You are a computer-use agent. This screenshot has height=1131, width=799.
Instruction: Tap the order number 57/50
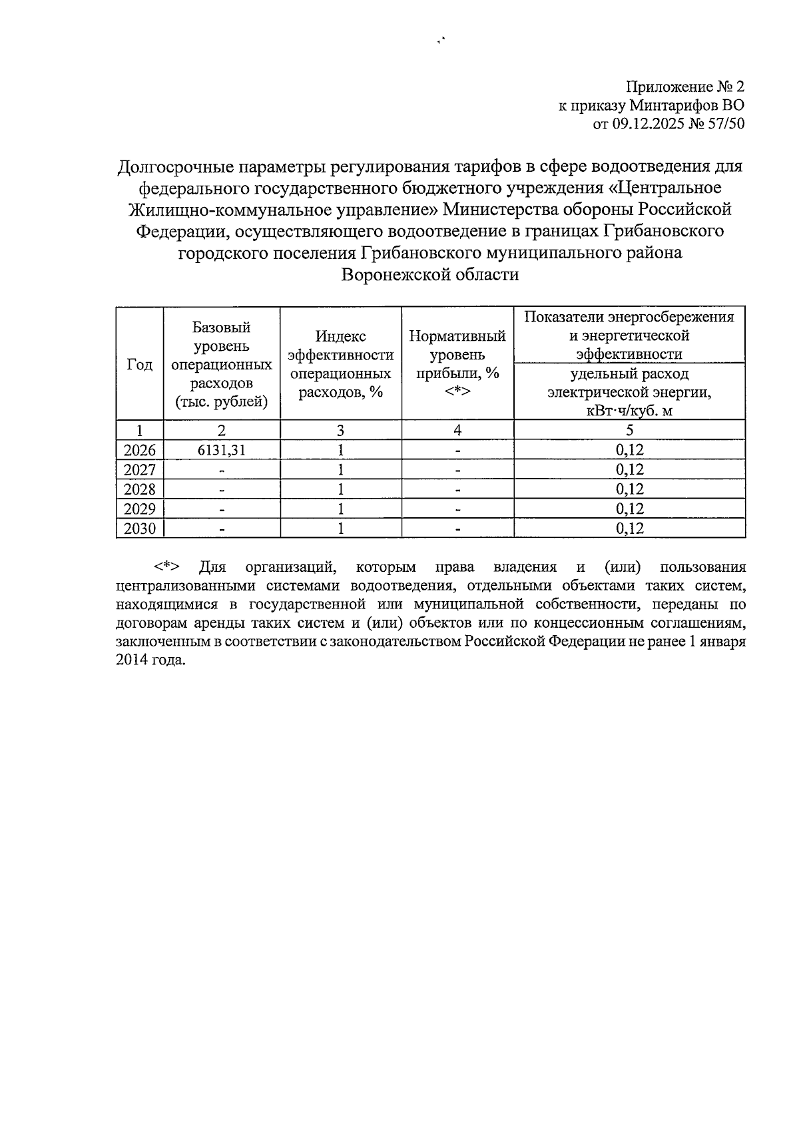coord(722,123)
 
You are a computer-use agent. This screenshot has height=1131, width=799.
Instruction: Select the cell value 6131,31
coord(222,450)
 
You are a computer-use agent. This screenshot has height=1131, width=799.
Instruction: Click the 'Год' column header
coord(140,364)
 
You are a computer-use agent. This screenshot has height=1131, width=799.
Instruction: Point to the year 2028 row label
coord(140,489)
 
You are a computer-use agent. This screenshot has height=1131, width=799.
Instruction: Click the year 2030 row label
coord(140,529)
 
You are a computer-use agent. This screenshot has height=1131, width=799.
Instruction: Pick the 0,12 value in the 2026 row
coord(630,450)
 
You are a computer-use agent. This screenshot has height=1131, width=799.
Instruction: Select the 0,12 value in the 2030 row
coord(630,529)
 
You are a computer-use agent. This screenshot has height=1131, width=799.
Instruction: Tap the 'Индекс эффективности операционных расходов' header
coord(340,364)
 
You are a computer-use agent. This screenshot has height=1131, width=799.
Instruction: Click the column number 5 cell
coord(630,430)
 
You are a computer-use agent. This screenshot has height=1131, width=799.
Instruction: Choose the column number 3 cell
coord(340,430)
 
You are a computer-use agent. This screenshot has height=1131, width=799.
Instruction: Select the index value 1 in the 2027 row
coord(340,469)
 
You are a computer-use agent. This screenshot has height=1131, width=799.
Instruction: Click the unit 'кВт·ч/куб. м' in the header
coord(630,410)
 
